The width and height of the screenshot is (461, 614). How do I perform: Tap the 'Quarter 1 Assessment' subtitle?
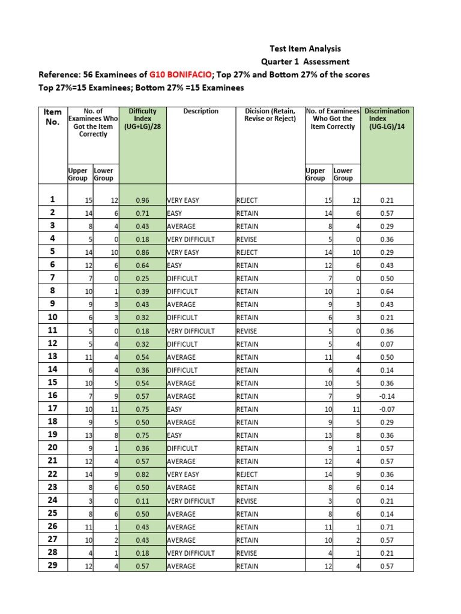point(304,62)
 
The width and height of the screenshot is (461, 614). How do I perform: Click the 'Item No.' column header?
point(52,117)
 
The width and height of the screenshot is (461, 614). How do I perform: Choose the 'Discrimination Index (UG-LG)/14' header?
point(387,119)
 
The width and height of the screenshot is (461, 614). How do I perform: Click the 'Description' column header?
point(200,111)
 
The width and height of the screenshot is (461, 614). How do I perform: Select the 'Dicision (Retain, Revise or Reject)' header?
point(270,115)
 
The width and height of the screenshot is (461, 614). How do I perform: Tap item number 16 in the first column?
point(52,396)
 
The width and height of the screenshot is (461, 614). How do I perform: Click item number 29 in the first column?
point(52,566)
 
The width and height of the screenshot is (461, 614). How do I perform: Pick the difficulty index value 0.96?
point(142,200)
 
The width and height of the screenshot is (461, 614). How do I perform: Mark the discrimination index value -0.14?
point(387,396)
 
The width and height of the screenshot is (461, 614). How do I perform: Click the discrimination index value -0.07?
point(387,410)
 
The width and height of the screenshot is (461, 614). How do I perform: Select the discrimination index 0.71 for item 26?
point(387,527)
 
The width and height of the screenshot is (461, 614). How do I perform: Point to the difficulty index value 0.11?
point(142,501)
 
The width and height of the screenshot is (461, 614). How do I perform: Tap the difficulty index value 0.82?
point(142,475)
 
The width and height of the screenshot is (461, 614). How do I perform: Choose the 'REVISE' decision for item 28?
point(247,553)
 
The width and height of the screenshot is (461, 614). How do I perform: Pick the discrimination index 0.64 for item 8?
point(387,291)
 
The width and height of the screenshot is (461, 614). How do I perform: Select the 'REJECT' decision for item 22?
point(247,475)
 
